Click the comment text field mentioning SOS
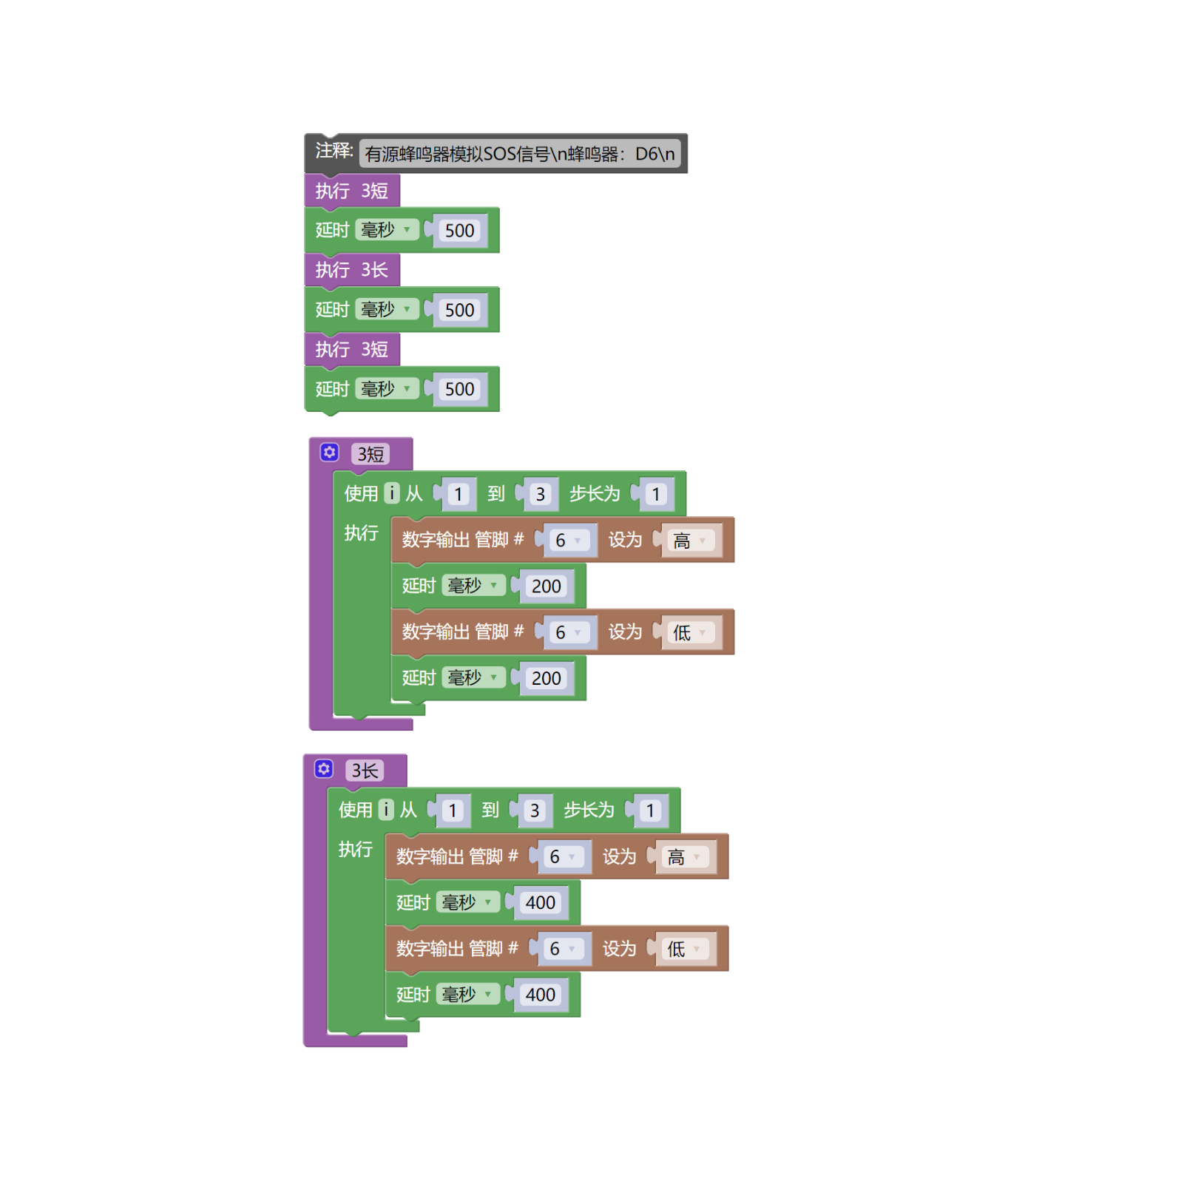pyautogui.click(x=519, y=154)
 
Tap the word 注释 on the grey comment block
pyautogui.click(x=334, y=152)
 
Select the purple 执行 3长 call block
pyautogui.click(x=352, y=270)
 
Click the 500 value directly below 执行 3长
pyautogui.click(x=459, y=310)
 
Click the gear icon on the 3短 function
pyautogui.click(x=329, y=453)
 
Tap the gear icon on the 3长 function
pyautogui.click(x=323, y=769)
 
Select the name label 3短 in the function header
pyautogui.click(x=371, y=454)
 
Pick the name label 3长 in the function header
pyautogui.click(x=365, y=771)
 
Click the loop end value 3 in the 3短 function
pyautogui.click(x=541, y=494)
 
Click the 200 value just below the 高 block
pyautogui.click(x=546, y=586)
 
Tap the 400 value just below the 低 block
pyautogui.click(x=540, y=995)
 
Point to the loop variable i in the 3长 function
pyautogui.click(x=385, y=810)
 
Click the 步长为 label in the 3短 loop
pyautogui.click(x=595, y=493)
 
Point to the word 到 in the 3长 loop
pyautogui.click(x=490, y=810)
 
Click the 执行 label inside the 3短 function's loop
pyautogui.click(x=361, y=532)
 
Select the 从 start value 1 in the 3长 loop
pyautogui.click(x=453, y=811)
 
